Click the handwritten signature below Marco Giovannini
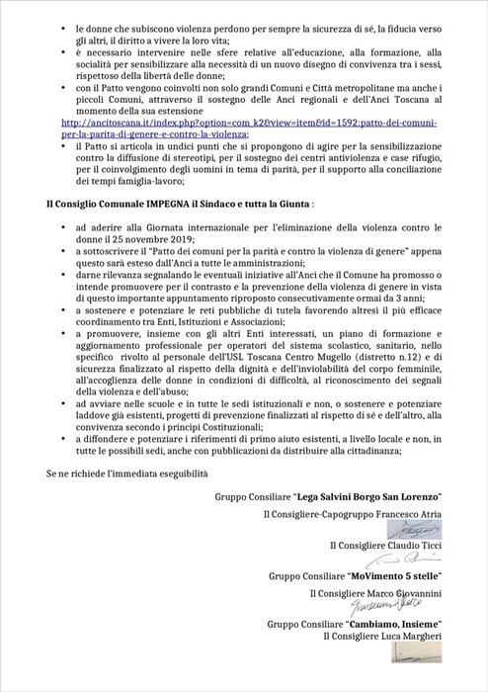pos(394,606)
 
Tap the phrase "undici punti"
pos(197,144)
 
